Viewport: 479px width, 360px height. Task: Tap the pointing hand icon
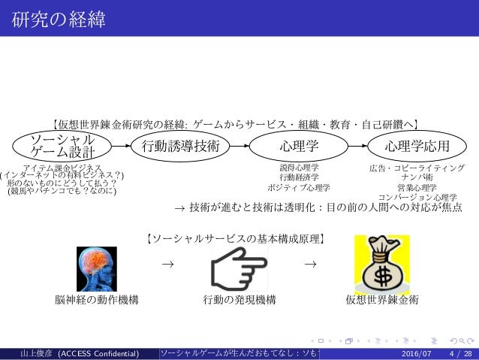point(238,268)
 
